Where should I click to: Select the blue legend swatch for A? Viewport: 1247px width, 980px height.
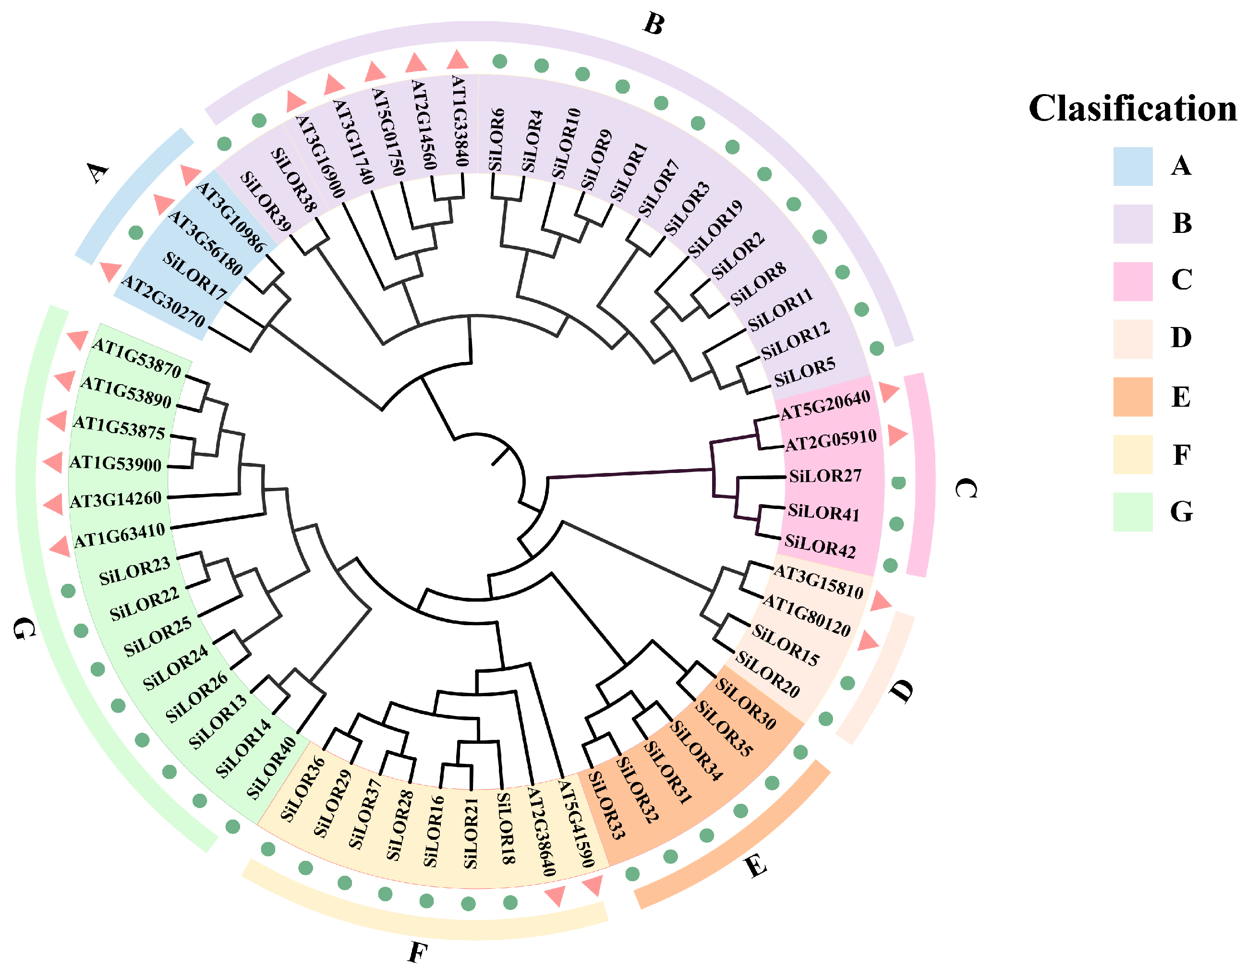click(x=1132, y=167)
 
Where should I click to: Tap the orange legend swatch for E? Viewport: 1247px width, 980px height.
click(x=1132, y=397)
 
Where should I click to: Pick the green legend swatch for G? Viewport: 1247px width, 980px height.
click(x=1132, y=511)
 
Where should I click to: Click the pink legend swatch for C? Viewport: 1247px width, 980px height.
click(x=1132, y=281)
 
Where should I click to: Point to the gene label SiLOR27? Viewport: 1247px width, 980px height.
click(x=824, y=476)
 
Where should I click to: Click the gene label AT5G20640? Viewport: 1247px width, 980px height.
click(x=825, y=405)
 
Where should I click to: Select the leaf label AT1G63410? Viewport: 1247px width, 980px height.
click(x=120, y=535)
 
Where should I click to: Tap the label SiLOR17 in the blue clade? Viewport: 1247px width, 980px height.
click(x=195, y=276)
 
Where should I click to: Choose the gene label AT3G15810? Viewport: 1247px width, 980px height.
click(x=818, y=581)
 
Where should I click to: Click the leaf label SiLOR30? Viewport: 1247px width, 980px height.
click(x=745, y=703)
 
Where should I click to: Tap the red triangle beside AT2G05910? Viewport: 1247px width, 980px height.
click(x=897, y=435)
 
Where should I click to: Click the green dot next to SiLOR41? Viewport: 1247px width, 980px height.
click(x=896, y=523)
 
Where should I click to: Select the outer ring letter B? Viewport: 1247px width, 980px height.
click(x=654, y=24)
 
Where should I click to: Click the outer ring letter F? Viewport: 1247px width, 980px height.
click(x=418, y=953)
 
